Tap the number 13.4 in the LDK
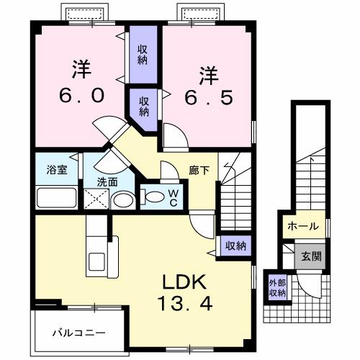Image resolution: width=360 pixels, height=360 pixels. [x=186, y=305]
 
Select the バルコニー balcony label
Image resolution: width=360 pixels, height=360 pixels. [x=79, y=333]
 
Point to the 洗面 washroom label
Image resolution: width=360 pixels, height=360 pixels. [x=107, y=182]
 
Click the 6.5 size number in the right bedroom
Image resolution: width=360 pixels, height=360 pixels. [x=207, y=97]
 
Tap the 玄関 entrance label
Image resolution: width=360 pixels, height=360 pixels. [x=312, y=256]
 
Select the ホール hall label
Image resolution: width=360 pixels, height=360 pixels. [x=302, y=226]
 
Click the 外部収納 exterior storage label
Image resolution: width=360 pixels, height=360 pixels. [x=278, y=287]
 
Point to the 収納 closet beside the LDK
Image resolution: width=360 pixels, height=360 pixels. [x=235, y=246]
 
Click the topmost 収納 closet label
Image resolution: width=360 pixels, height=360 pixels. [x=143, y=55]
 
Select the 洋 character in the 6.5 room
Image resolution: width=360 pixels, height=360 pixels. [x=207, y=73]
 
